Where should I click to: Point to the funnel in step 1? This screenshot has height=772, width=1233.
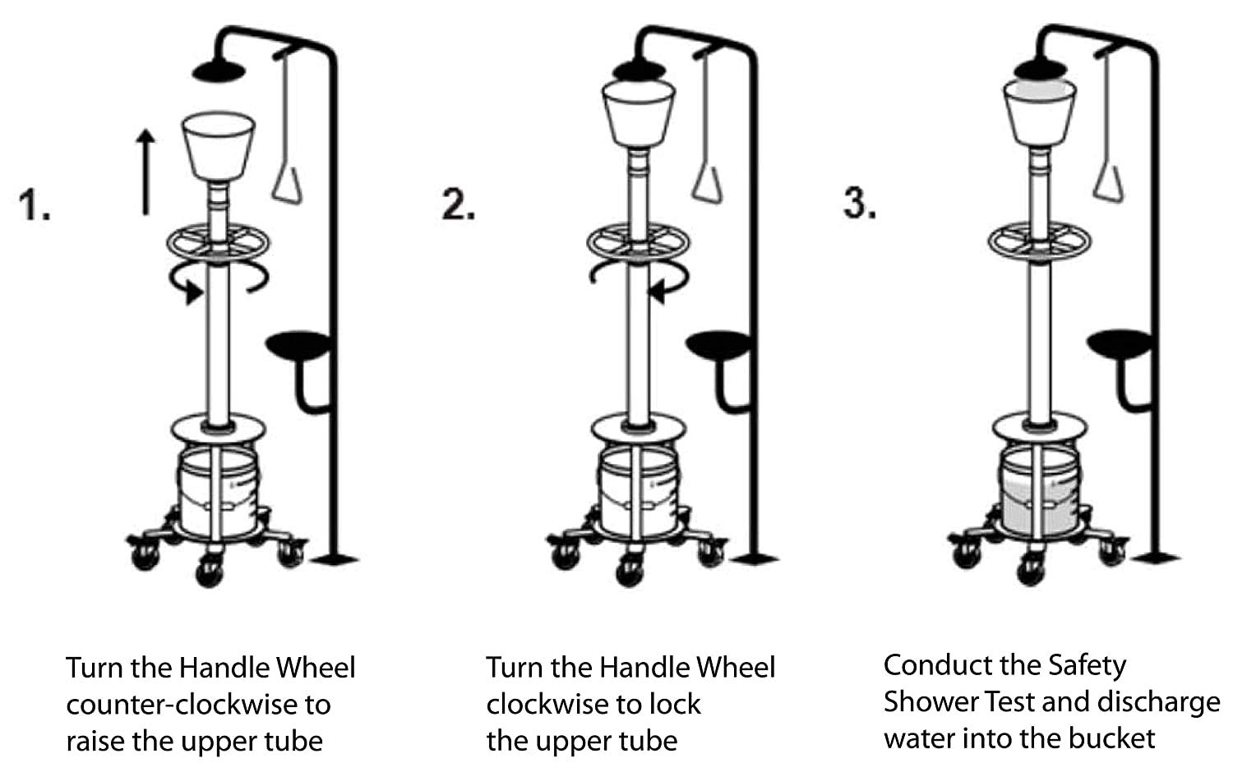218,148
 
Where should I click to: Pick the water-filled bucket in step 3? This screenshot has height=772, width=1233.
1041,498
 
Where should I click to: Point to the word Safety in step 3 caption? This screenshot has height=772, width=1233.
1085,665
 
